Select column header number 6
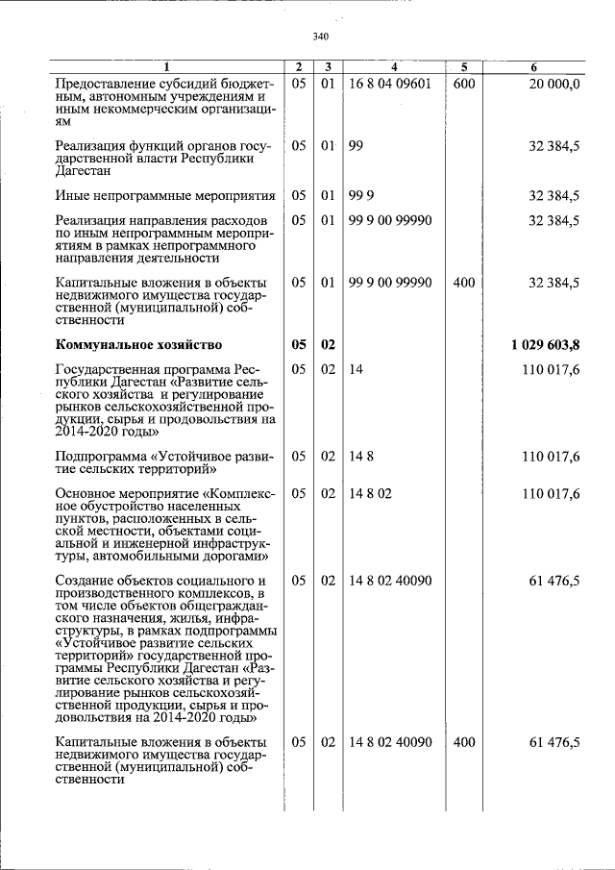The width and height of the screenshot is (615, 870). tap(534, 67)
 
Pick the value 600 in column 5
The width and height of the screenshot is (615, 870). tap(463, 85)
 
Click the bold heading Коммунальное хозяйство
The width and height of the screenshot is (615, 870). tap(139, 344)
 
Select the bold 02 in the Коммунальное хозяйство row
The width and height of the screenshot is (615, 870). tap(328, 344)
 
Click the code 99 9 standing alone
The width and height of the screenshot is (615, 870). tap(358, 196)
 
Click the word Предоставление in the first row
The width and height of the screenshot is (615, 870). tap(103, 85)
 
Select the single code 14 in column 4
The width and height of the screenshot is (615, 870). tap(356, 369)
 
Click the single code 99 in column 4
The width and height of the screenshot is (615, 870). tap(356, 146)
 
